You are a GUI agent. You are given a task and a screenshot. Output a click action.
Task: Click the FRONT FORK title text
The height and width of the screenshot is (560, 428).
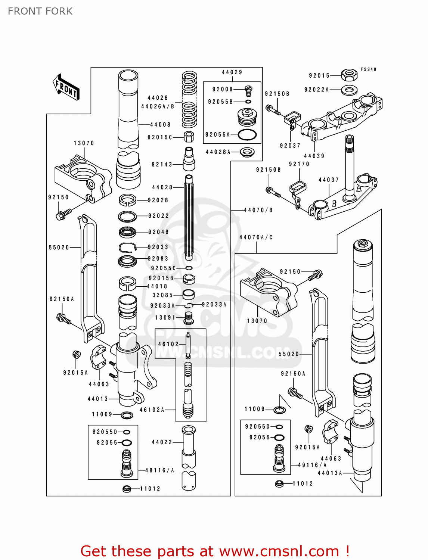(x=40, y=11)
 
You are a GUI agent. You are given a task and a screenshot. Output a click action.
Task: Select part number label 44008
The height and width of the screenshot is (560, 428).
(x=160, y=125)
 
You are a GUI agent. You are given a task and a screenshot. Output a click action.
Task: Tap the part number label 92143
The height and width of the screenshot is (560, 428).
(x=162, y=164)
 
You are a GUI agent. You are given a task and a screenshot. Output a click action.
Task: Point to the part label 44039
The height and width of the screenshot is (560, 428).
(x=314, y=156)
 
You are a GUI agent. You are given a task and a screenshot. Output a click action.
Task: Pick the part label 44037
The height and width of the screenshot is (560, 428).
(x=329, y=180)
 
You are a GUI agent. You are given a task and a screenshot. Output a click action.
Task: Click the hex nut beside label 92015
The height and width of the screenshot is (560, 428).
(x=349, y=75)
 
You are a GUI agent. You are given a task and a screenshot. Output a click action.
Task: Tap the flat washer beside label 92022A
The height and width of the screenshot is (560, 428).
(x=349, y=90)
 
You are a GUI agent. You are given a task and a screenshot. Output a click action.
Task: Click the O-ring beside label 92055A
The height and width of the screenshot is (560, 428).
(x=247, y=135)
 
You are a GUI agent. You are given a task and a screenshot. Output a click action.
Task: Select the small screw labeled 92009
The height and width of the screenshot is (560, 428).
(x=248, y=90)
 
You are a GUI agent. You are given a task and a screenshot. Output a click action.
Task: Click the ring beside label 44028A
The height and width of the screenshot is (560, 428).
(x=247, y=152)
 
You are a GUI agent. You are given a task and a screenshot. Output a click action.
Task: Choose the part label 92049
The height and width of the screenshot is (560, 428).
(x=158, y=232)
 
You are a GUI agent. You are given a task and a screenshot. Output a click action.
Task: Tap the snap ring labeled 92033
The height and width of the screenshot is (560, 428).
(x=128, y=247)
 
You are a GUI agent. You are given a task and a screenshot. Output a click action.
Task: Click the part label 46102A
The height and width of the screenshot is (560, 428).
(x=152, y=410)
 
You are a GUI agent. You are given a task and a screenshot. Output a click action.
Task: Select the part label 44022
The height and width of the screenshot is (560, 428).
(x=162, y=442)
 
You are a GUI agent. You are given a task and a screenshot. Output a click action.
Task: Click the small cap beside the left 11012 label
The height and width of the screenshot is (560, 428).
(x=127, y=488)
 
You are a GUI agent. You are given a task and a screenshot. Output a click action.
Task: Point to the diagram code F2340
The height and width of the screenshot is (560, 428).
(x=368, y=69)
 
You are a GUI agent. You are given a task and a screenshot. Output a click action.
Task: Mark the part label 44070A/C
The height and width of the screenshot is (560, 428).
(x=256, y=237)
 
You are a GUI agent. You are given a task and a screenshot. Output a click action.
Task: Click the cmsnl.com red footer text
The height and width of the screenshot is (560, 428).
(x=215, y=551)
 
